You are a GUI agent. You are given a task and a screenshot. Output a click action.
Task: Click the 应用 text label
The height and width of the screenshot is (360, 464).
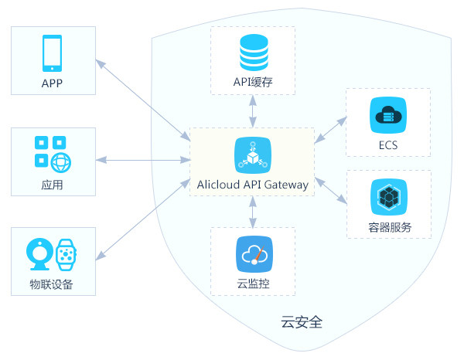[x=53, y=185]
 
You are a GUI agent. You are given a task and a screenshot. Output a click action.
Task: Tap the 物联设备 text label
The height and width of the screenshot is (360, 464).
[x=53, y=284]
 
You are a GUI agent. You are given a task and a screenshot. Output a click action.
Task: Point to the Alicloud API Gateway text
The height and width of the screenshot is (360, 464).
[x=253, y=185]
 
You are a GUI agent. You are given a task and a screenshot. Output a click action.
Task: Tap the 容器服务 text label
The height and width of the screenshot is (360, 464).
[x=387, y=227]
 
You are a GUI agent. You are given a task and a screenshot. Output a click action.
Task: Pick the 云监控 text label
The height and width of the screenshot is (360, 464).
[x=252, y=284]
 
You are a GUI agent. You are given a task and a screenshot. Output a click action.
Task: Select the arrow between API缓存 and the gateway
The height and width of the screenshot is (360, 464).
[x=252, y=112]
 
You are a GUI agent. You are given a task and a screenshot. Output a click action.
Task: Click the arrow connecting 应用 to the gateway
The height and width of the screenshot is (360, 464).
[x=142, y=161]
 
